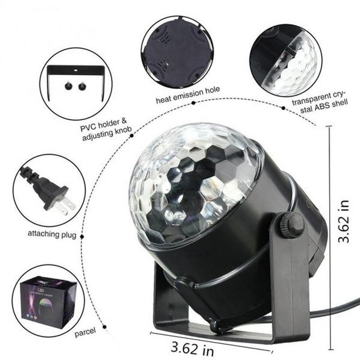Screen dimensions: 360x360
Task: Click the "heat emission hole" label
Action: [188, 91]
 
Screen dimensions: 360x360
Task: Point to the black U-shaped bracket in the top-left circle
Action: [76, 70]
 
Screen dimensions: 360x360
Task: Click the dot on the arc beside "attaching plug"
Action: [83, 235]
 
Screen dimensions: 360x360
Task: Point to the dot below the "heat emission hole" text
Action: [193, 103]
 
